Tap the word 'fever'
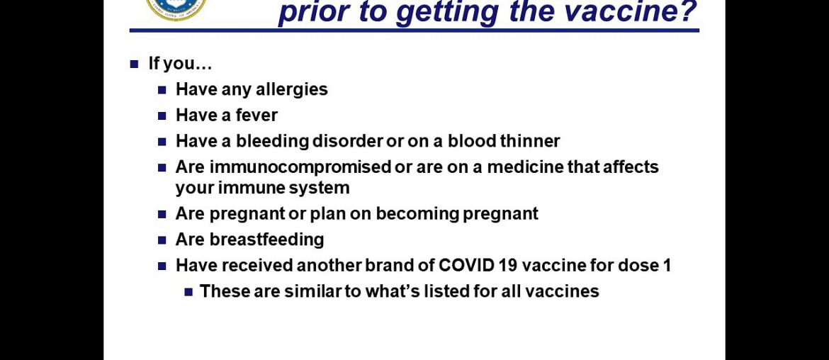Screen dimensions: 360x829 (256, 116)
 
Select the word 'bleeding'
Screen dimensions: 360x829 (271, 142)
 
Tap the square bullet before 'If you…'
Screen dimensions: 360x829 (135, 64)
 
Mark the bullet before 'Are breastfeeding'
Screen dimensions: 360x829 (162, 240)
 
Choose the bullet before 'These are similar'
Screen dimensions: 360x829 (188, 291)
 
